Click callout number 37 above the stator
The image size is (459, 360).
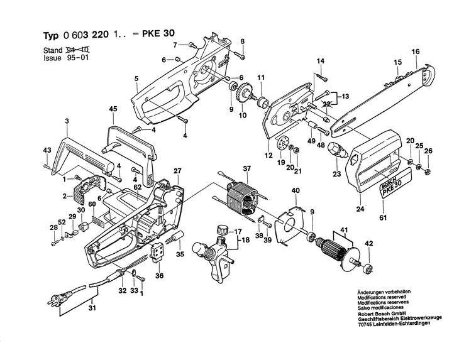247,168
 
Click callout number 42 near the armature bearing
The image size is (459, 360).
369,243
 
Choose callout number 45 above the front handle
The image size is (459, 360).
113,109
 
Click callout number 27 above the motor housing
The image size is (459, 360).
177,170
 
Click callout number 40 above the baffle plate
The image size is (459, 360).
295,190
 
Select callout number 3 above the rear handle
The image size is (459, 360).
66,119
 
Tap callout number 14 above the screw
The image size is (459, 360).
320,60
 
